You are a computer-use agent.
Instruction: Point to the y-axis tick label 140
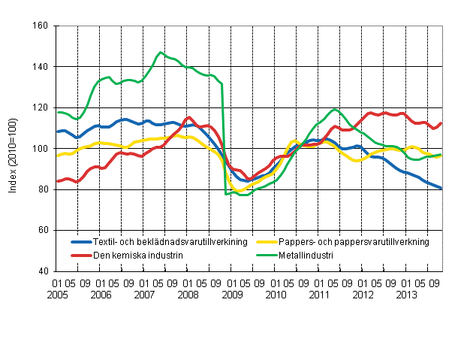(41, 67)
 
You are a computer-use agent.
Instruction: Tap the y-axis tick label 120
(41, 107)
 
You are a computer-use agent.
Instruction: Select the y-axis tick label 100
(41, 149)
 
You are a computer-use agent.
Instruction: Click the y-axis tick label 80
(44, 189)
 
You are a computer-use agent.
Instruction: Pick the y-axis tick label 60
(44, 230)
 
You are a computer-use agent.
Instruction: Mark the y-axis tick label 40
(44, 271)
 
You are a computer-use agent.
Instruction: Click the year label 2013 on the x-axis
(413, 294)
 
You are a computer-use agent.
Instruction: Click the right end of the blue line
(441, 188)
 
